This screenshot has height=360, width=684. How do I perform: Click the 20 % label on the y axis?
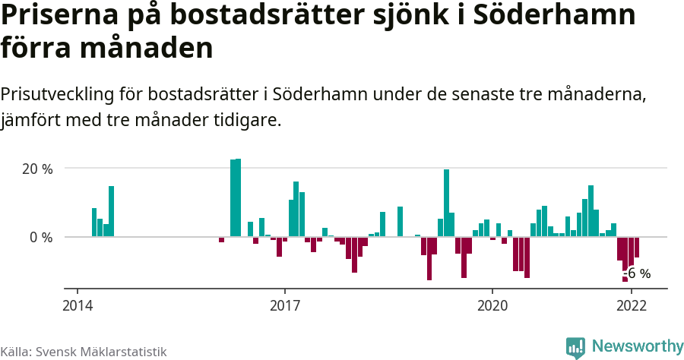(36, 169)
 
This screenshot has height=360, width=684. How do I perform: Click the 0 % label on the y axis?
(41, 237)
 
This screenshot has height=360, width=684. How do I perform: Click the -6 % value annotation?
(638, 273)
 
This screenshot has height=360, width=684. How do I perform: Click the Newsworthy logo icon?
(575, 347)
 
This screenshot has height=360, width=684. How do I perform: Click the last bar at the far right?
(637, 248)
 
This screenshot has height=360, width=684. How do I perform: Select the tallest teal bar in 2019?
(446, 203)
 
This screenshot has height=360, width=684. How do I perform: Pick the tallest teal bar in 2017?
(296, 209)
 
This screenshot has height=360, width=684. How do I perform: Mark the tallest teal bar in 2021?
(591, 210)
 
